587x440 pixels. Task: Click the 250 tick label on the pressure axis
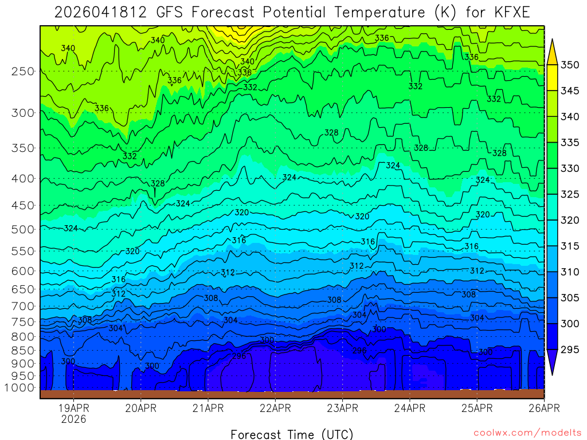tap(22, 71)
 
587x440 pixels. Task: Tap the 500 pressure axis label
tap(22, 229)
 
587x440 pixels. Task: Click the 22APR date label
tap(275, 408)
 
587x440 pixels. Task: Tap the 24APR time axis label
tap(409, 408)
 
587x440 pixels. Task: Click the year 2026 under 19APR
tap(73, 419)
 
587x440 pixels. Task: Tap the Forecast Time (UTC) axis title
tap(292, 434)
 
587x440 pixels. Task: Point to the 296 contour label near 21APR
tap(239, 356)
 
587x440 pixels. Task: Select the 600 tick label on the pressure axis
tap(22, 270)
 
